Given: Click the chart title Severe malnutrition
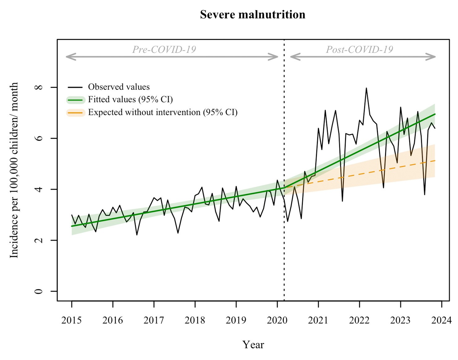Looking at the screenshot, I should pyautogui.click(x=252, y=15).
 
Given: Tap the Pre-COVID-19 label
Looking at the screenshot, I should pyautogui.click(x=164, y=50).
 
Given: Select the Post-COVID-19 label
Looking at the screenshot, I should pyautogui.click(x=359, y=50).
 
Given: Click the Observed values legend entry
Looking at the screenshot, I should pyautogui.click(x=119, y=87).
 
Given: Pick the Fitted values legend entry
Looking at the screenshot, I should pyautogui.click(x=130, y=100).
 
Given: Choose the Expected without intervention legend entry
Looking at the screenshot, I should pyautogui.click(x=163, y=112).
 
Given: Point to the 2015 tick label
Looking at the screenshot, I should pyautogui.click(x=71, y=320).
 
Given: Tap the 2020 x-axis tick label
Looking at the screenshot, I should pyautogui.click(x=277, y=320).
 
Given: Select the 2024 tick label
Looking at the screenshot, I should pyautogui.click(x=442, y=320).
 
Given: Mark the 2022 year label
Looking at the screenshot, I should pyautogui.click(x=359, y=320).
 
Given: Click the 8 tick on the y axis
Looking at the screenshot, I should pyautogui.click(x=39, y=88).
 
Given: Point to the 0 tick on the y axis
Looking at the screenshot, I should pyautogui.click(x=39, y=291).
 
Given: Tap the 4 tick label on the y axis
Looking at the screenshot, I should pyautogui.click(x=39, y=189).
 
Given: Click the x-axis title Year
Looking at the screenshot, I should pyautogui.click(x=253, y=345).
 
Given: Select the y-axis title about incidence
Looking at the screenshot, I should pyautogui.click(x=14, y=170).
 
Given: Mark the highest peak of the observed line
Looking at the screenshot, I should pyautogui.click(x=366, y=88).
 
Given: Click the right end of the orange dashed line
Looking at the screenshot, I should pyautogui.click(x=435, y=160).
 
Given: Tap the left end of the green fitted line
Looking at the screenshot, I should pyautogui.click(x=72, y=226).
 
